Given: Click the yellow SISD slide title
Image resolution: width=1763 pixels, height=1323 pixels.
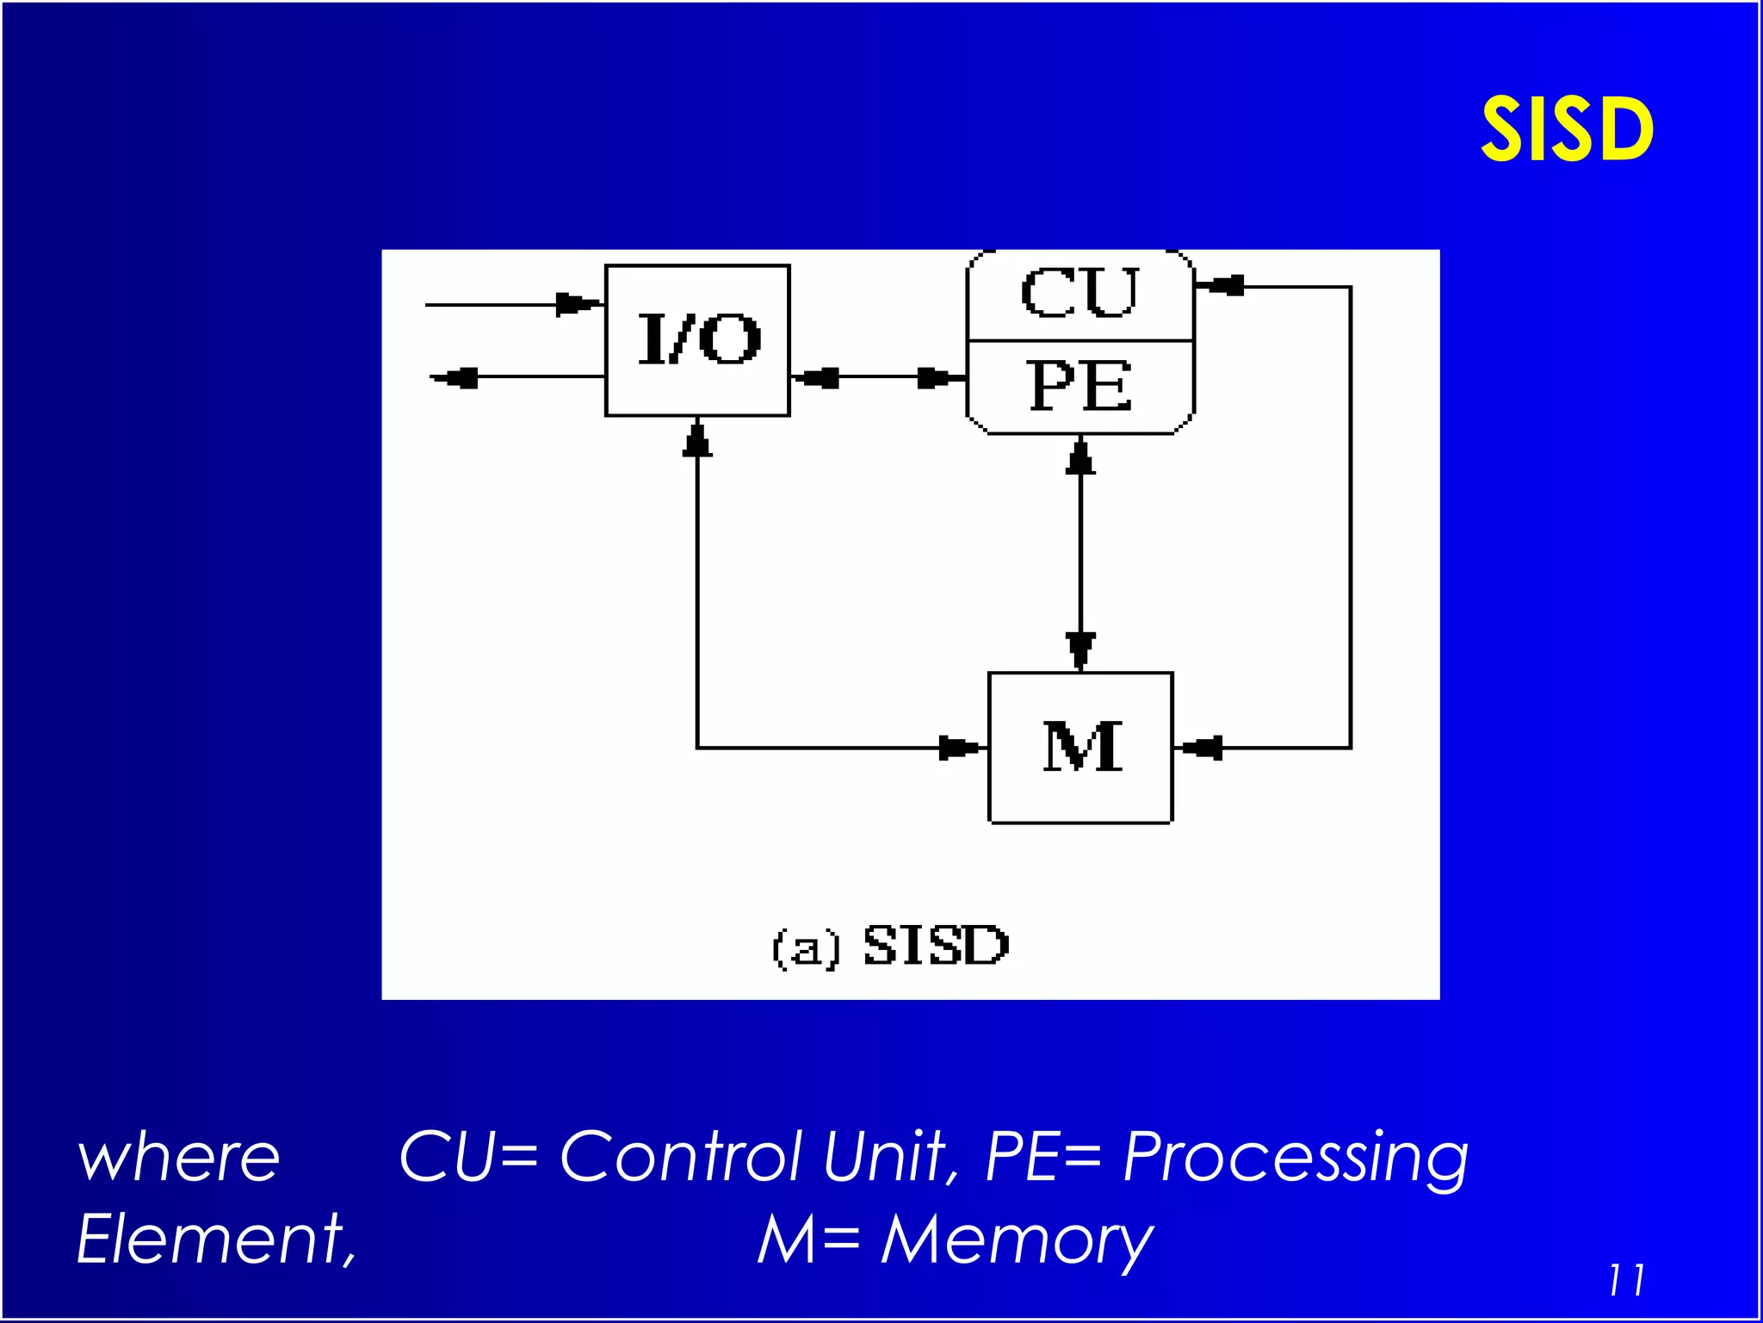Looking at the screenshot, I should coord(1567,130).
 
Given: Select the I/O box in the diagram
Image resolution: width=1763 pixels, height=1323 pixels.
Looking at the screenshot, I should coord(697,340).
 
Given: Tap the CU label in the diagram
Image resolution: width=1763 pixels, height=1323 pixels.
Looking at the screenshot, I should coord(1079,293).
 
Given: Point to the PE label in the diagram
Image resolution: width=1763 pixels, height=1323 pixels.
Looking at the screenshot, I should coord(1079,386).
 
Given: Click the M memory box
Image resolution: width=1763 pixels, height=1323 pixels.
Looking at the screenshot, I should coord(1081,748).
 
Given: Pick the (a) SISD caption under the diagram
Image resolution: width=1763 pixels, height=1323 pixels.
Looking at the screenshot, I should coord(890,946).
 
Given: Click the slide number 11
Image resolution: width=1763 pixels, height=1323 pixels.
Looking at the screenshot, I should coord(1625,1280).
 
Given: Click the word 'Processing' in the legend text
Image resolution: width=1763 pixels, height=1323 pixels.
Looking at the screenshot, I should coord(1296,1158).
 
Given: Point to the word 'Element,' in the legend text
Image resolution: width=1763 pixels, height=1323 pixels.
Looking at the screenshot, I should coord(216,1239).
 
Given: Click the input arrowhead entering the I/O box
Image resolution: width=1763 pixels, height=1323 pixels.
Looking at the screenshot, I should coord(577,304).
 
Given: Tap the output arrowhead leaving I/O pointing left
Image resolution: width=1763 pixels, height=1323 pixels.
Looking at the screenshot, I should coord(456,377).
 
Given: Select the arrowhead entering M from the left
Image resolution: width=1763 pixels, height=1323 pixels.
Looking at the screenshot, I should coord(957,748).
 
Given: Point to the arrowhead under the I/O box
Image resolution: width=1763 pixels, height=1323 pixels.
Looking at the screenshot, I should coord(697,441).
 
